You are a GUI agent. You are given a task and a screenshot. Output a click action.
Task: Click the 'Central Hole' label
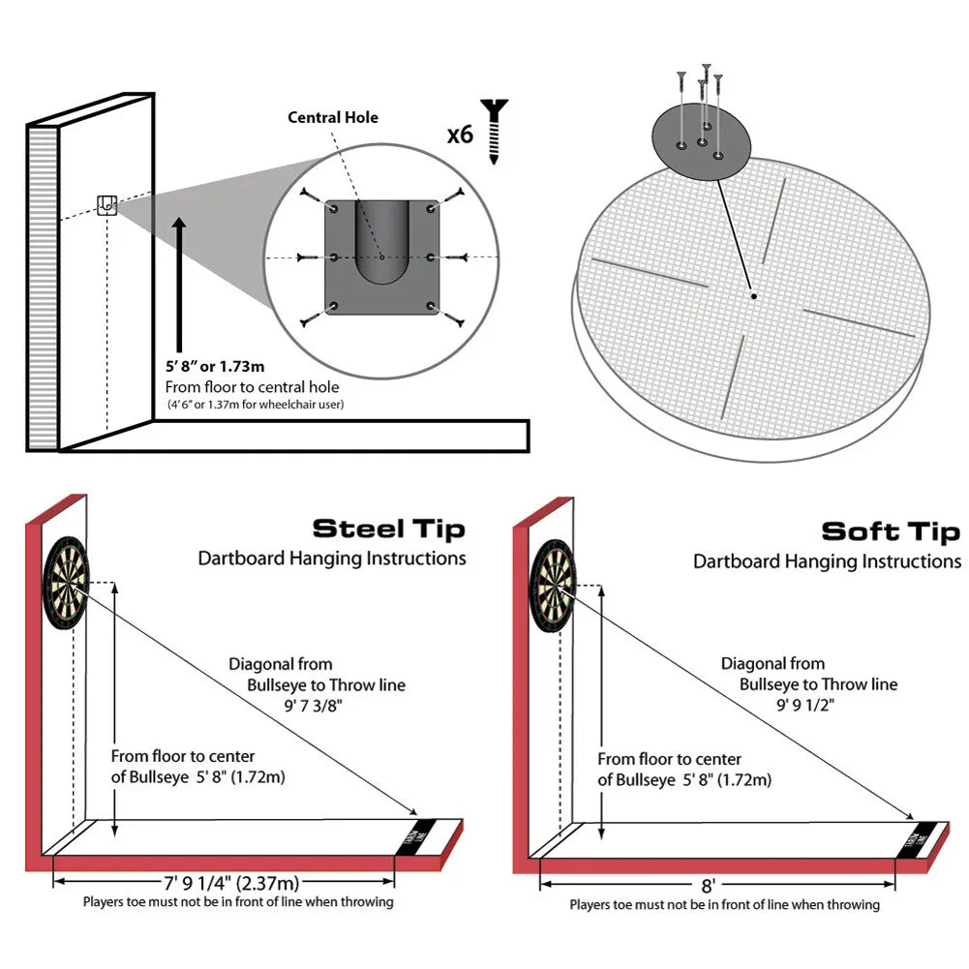(x=333, y=118)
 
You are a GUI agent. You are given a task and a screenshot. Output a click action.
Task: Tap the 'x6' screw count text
(x=460, y=134)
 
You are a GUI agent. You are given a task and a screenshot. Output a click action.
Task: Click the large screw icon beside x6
(x=495, y=131)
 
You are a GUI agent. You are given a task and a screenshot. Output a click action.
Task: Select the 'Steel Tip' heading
(x=388, y=529)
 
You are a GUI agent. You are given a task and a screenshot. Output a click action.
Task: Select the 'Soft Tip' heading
(x=891, y=531)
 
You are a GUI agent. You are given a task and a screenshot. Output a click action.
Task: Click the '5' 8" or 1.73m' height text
(x=214, y=368)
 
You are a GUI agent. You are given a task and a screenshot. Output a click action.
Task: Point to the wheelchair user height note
(x=255, y=404)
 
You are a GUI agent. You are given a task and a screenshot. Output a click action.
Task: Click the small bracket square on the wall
(x=106, y=204)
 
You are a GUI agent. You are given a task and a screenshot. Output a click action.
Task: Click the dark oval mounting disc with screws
(x=702, y=142)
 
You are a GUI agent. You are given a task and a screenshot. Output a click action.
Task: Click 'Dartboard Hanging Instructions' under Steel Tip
(x=332, y=559)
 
